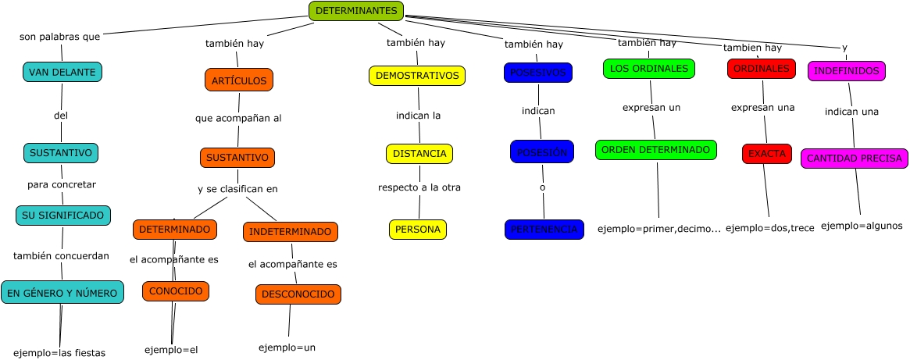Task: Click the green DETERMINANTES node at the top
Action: click(x=356, y=11)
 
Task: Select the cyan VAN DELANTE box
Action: click(x=62, y=73)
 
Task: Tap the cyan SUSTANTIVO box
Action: click(x=61, y=152)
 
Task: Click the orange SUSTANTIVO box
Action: click(x=237, y=158)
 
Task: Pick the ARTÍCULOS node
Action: click(x=239, y=80)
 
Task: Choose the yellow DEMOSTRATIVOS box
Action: click(x=417, y=76)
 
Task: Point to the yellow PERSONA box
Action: click(x=418, y=230)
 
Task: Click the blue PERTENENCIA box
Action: click(x=544, y=230)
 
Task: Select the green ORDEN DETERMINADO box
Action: click(x=655, y=149)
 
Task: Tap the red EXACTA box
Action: click(x=767, y=154)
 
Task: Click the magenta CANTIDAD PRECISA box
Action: click(x=854, y=159)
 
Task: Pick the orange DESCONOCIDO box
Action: click(x=298, y=294)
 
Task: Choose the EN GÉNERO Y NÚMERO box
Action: click(x=62, y=293)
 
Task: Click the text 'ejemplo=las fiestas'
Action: click(x=59, y=352)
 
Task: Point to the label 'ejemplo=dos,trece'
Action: click(x=769, y=228)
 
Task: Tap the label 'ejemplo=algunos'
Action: click(x=862, y=226)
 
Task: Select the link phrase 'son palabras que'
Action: click(x=59, y=37)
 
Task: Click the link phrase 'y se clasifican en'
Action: click(x=237, y=189)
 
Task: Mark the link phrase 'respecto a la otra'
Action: click(x=419, y=187)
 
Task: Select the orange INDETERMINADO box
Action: click(x=291, y=232)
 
